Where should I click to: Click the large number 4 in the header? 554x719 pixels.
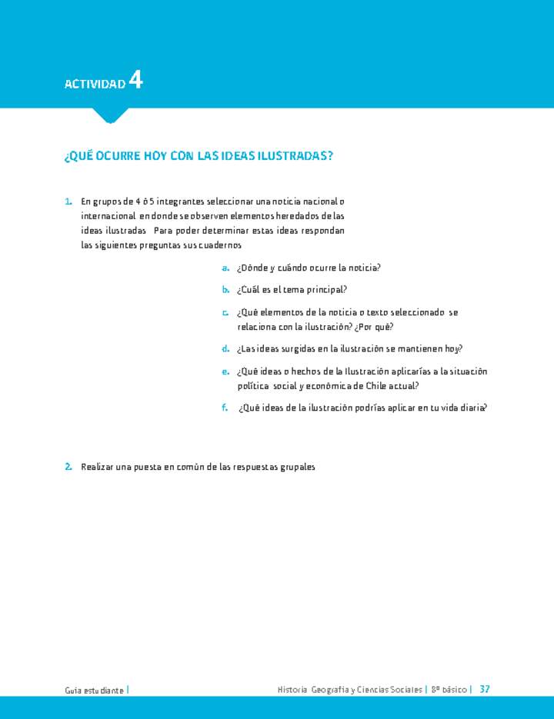[135, 80]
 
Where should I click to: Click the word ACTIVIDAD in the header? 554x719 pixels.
[95, 83]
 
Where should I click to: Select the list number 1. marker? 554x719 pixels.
[68, 201]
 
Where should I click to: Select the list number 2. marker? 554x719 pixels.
[68, 467]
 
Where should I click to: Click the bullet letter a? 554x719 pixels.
[225, 268]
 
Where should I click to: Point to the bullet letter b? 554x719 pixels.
[225, 290]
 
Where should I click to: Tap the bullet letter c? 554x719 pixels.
[225, 312]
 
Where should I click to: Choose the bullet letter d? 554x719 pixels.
[225, 348]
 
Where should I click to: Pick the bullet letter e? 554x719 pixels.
[225, 371]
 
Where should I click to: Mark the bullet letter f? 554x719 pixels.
[225, 408]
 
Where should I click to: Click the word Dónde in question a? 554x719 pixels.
[254, 268]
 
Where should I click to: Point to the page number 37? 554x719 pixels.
[484, 689]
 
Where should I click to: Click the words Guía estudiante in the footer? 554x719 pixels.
[94, 690]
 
